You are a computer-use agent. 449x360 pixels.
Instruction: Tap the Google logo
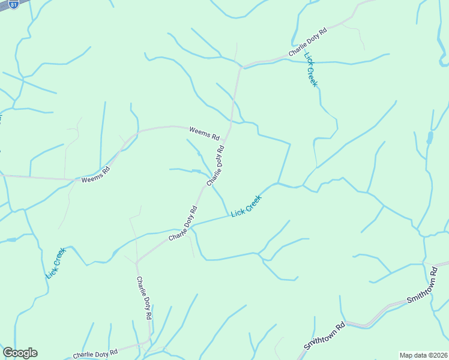coord(20,353)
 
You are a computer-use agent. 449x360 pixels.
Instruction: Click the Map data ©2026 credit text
coord(423,355)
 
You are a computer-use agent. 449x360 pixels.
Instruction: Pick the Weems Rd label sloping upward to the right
coord(96,174)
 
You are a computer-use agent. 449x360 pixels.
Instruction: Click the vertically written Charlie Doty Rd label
coord(143,298)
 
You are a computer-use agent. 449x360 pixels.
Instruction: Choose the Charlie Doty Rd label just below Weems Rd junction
coord(215,166)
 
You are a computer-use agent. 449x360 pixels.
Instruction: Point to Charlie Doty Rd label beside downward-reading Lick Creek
coord(307,43)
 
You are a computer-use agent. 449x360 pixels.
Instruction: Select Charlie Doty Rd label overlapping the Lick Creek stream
coord(183,224)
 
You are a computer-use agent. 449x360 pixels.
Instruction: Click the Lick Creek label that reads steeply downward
coord(310,70)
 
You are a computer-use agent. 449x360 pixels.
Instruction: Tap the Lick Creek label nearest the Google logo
coord(55,263)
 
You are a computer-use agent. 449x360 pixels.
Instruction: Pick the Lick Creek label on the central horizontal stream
coord(246,206)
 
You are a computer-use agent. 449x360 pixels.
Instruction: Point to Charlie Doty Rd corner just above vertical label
coord(137,262)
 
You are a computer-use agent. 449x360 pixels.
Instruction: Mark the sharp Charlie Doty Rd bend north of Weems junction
coord(241,67)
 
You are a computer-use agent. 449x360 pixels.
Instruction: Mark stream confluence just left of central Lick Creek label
coord(229,215)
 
